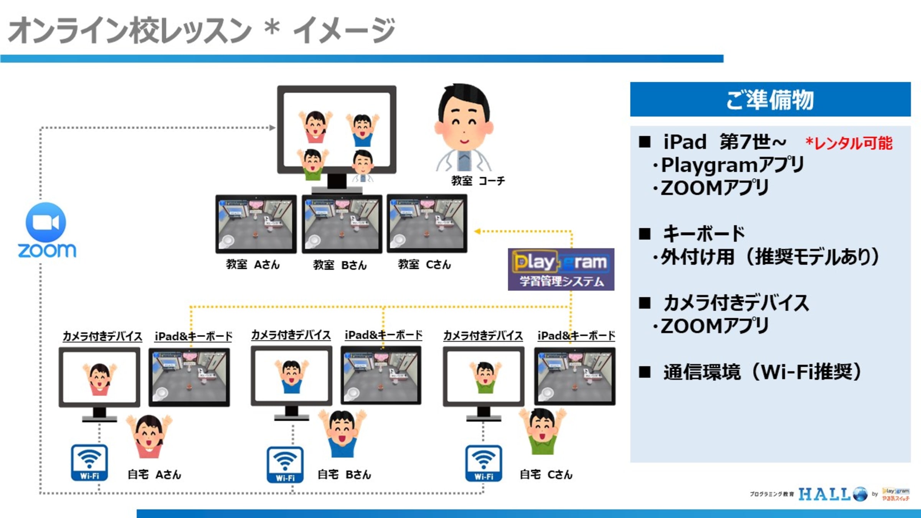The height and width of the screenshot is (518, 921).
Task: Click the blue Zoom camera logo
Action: [x=46, y=222]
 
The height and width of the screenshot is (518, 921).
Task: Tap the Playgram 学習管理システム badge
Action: [x=561, y=269]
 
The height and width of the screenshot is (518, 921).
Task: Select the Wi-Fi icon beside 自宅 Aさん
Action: [x=89, y=462]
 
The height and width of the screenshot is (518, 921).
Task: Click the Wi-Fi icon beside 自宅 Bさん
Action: [x=285, y=464]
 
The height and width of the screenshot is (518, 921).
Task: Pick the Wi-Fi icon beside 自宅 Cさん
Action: [x=484, y=463]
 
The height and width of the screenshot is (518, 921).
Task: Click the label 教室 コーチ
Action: [x=478, y=181]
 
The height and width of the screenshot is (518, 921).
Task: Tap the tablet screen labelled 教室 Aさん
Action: [x=256, y=224]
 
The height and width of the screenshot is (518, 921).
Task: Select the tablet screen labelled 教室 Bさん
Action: [x=342, y=224]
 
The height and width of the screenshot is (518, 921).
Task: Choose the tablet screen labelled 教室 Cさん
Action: [x=427, y=224]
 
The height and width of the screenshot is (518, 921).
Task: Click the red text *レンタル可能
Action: [x=849, y=143]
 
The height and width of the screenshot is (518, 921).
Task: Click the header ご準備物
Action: [x=770, y=99]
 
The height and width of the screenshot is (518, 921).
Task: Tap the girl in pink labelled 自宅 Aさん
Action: [x=149, y=436]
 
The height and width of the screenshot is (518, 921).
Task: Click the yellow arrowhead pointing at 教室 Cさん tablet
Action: [x=477, y=231]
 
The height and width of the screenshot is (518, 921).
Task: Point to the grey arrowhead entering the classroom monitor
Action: [x=272, y=128]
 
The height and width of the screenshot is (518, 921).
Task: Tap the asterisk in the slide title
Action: [x=272, y=27]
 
